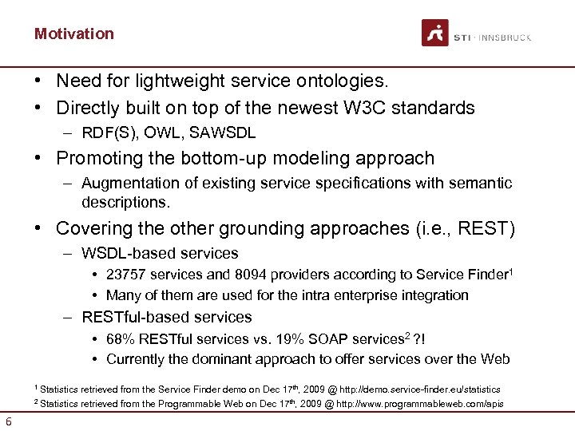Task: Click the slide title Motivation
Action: coord(74,34)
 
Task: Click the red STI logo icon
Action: coord(435,33)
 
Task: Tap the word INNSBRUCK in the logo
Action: coord(506,38)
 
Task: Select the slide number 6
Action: coord(8,421)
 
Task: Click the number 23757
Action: coord(127,275)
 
